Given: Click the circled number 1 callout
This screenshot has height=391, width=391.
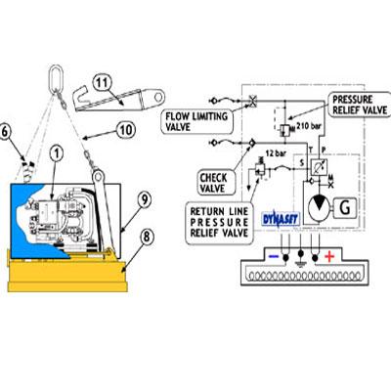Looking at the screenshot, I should [x=58, y=152].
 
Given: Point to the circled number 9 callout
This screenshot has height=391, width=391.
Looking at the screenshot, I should [x=144, y=198].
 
